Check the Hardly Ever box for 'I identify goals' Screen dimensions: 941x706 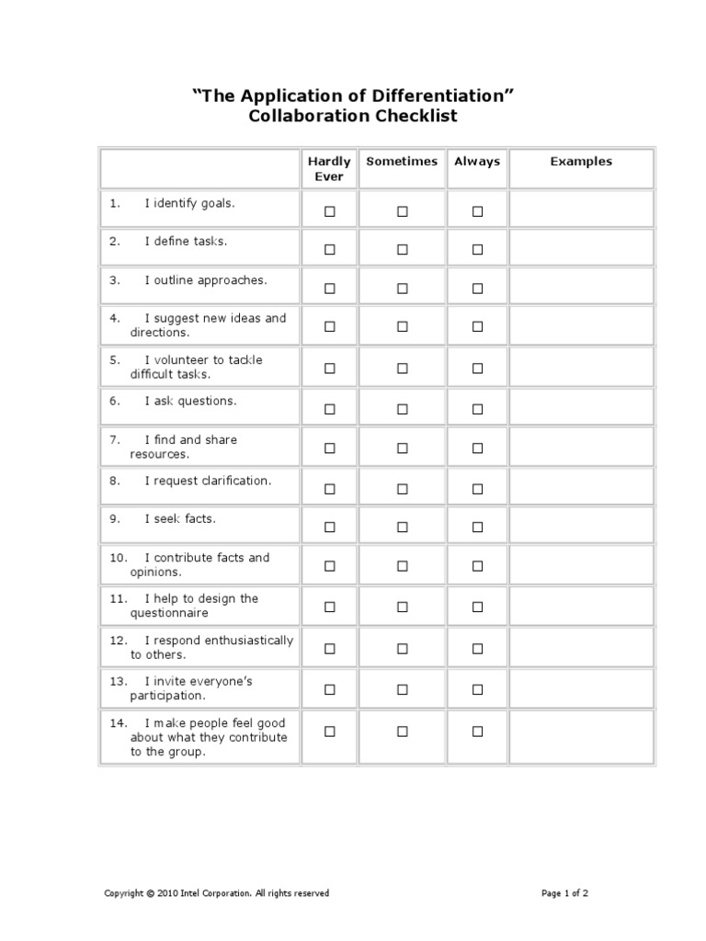[x=330, y=211]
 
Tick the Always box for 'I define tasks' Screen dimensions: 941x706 [x=477, y=250]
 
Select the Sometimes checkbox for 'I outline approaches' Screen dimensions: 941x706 [x=402, y=289]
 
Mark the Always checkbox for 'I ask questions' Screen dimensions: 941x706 [x=477, y=409]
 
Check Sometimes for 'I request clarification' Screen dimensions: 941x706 [x=402, y=489]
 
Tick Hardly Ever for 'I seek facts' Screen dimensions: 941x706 [x=330, y=527]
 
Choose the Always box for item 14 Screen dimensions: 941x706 [x=477, y=731]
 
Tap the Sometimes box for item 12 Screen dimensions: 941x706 [x=402, y=649]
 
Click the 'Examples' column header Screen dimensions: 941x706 [x=581, y=162]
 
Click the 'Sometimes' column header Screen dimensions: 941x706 [x=402, y=162]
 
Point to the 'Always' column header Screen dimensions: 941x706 [x=477, y=162]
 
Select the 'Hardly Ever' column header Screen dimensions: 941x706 [x=329, y=169]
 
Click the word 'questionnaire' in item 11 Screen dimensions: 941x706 [x=169, y=614]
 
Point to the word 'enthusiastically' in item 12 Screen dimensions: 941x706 [x=247, y=640]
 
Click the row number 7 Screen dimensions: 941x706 [x=115, y=440]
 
